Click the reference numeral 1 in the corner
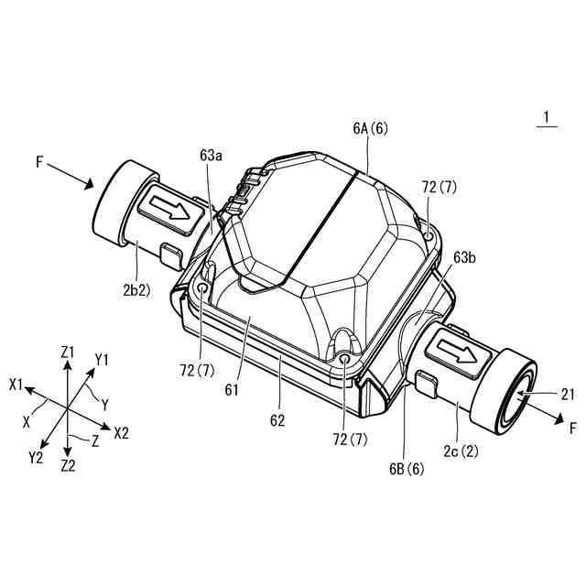coord(547,117)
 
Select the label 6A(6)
coord(370,130)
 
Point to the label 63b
coord(465,258)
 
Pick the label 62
coord(277,422)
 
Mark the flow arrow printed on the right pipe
coord(454,351)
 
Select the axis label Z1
coord(68,352)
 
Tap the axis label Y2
coord(38,456)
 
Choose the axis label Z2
coord(68,464)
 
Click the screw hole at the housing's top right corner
coord(429,233)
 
